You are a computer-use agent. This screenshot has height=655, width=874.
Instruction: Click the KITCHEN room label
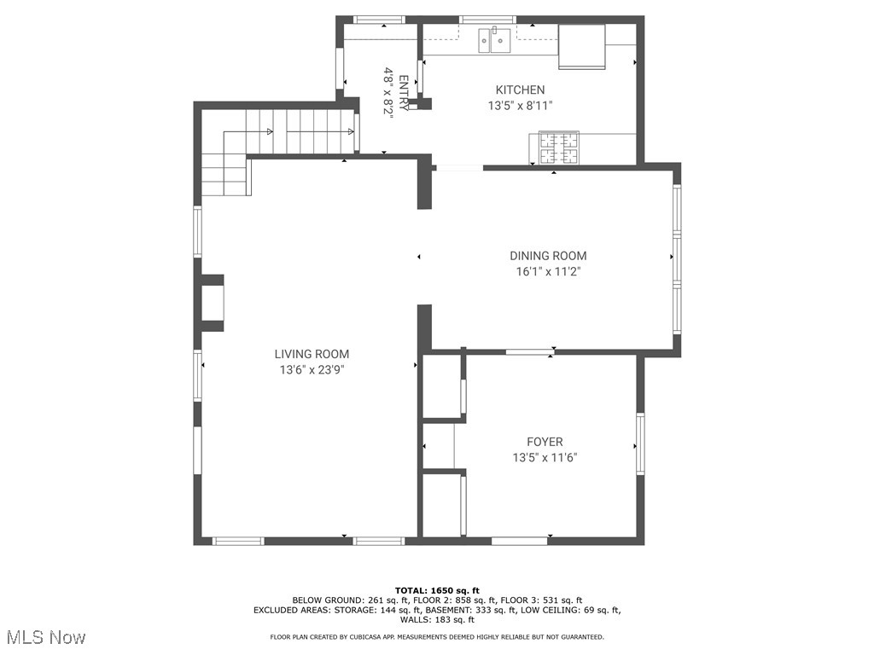pyautogui.click(x=520, y=90)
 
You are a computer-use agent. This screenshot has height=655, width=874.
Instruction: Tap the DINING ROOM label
pyautogui.click(x=548, y=256)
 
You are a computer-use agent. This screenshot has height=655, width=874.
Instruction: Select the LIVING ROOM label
pyautogui.click(x=312, y=354)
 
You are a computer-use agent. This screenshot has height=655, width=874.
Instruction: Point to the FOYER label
pyautogui.click(x=545, y=442)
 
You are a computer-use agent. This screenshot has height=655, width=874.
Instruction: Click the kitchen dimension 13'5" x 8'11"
pyautogui.click(x=520, y=106)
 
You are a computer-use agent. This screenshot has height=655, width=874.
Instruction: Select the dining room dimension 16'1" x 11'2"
pyautogui.click(x=548, y=272)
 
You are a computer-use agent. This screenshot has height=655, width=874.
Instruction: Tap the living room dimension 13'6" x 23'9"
pyautogui.click(x=312, y=370)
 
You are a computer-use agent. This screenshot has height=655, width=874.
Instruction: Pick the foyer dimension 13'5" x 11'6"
pyautogui.click(x=545, y=457)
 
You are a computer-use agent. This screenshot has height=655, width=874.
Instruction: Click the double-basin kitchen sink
pyautogui.click(x=494, y=40)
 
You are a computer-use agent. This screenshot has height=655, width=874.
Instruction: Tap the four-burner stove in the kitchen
pyautogui.click(x=558, y=148)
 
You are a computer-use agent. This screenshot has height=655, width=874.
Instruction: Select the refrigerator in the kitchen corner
pyautogui.click(x=582, y=46)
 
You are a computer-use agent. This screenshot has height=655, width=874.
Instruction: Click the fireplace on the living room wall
pyautogui.click(x=212, y=303)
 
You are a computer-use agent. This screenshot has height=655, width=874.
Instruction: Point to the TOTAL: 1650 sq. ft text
pyautogui.click(x=437, y=590)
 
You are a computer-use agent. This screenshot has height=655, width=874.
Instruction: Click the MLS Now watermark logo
pyautogui.click(x=46, y=637)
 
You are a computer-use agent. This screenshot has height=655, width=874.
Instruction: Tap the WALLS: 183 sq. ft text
pyautogui.click(x=437, y=620)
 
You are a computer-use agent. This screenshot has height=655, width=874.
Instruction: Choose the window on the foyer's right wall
pyautogui.click(x=639, y=444)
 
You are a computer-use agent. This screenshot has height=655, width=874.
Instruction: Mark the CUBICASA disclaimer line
pyautogui.click(x=437, y=637)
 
